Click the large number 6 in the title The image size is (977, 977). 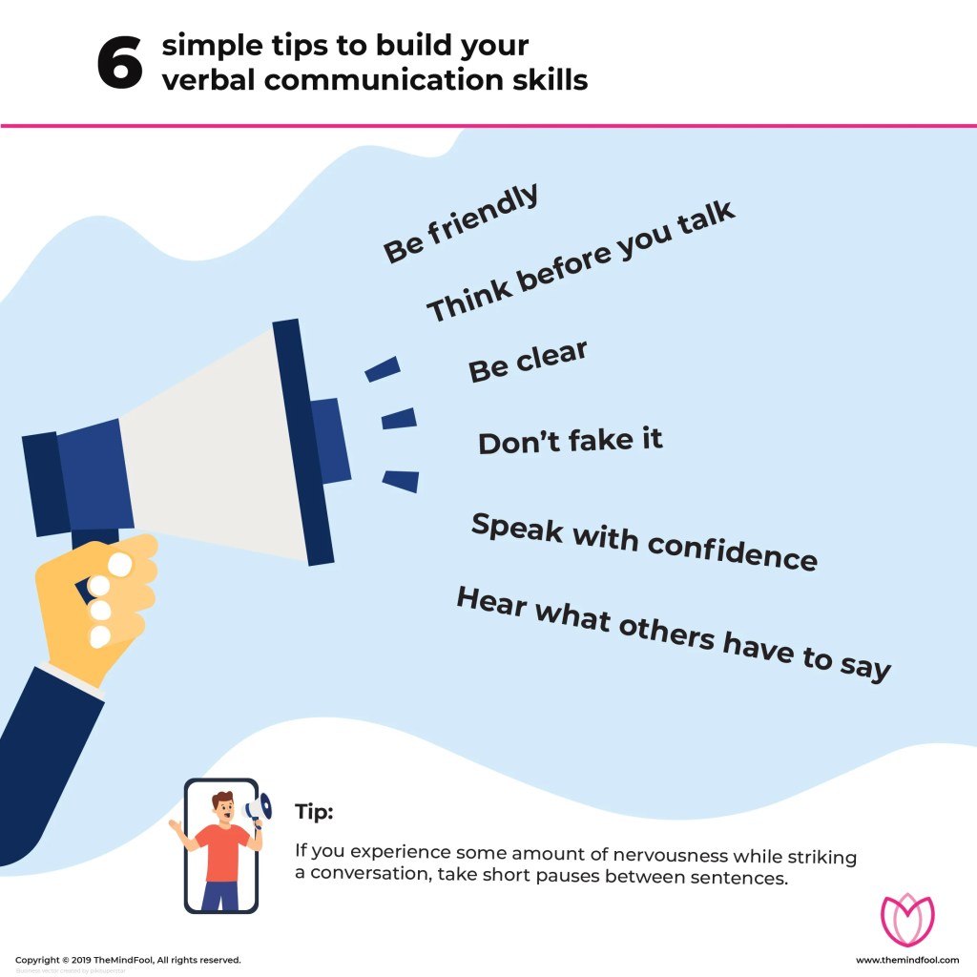pyautogui.click(x=119, y=65)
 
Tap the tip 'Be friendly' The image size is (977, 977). pyautogui.click(x=462, y=224)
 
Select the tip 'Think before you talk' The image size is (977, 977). pyautogui.click(x=581, y=261)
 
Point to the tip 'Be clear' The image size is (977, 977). pyautogui.click(x=528, y=362)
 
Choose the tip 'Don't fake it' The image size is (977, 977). pyautogui.click(x=571, y=442)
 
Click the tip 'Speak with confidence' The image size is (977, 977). pyautogui.click(x=644, y=540)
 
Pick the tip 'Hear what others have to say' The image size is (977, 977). pyautogui.click(x=674, y=633)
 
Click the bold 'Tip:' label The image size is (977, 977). pyautogui.click(x=314, y=812)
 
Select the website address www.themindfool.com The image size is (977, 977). pyautogui.click(x=907, y=960)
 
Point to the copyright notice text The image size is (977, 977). pyautogui.click(x=128, y=960)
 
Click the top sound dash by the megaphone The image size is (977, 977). pyautogui.click(x=383, y=368)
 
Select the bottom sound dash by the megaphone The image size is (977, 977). pyautogui.click(x=401, y=481)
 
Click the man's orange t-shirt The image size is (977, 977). pyautogui.click(x=222, y=851)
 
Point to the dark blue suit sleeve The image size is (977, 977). pyautogui.click(x=43, y=754)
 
